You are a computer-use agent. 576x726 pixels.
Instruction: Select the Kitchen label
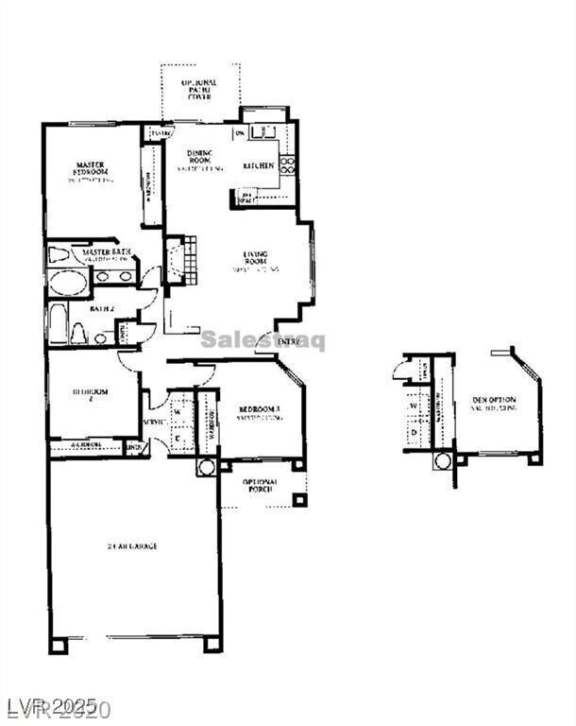click(259, 166)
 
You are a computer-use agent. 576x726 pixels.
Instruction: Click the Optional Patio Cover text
click(199, 89)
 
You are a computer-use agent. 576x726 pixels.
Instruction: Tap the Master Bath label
click(106, 253)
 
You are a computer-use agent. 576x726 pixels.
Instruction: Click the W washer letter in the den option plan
click(415, 408)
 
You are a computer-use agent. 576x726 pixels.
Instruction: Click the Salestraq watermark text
click(263, 340)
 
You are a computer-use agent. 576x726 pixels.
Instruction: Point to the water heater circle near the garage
click(207, 468)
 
